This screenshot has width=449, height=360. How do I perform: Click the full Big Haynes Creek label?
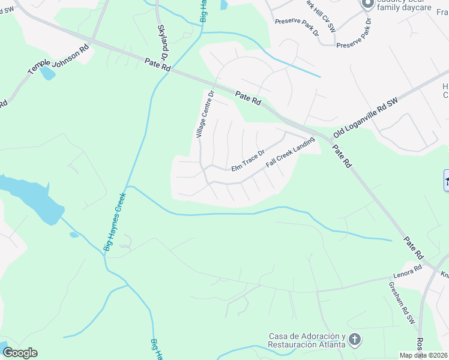(116, 221)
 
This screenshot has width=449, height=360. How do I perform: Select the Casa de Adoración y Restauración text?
(306, 340)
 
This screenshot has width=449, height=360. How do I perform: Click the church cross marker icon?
(355, 340)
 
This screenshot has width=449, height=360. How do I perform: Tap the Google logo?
(20, 353)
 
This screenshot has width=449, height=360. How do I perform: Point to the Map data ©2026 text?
(424, 355)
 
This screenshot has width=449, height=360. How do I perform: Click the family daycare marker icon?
(367, 4)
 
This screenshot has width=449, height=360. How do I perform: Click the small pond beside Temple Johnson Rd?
(47, 74)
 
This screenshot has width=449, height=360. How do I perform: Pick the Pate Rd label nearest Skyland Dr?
(158, 65)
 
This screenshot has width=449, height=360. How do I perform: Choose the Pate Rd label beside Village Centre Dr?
(248, 98)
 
